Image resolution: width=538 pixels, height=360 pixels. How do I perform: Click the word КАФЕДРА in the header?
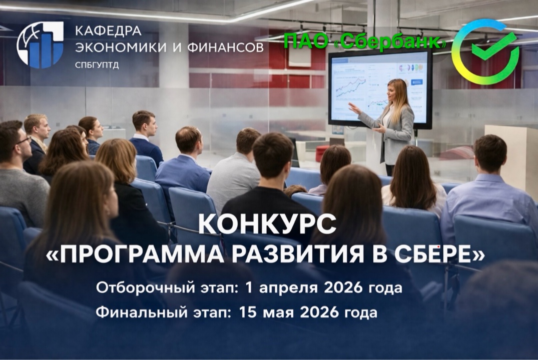click(108, 30)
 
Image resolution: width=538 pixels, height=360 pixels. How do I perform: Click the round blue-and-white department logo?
click(40, 44)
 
